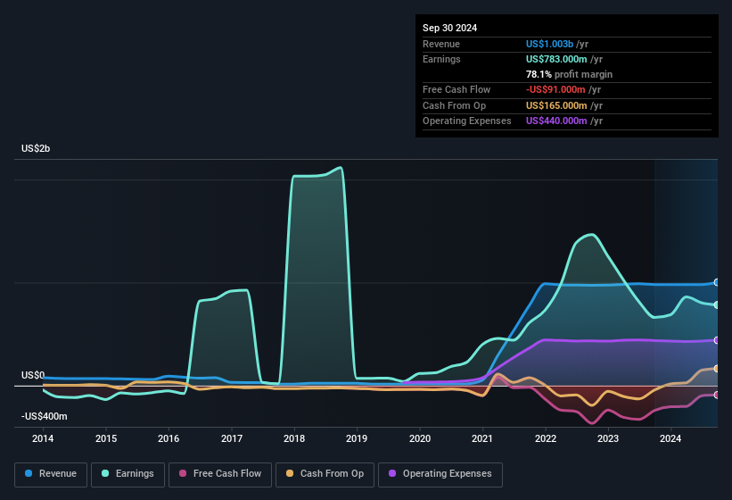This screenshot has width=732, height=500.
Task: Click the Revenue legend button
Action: [x=51, y=474]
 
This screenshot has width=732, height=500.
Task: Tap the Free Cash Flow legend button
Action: [x=221, y=474]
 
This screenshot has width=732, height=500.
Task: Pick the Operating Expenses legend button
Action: [x=440, y=474]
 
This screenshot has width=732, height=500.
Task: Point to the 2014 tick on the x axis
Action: [x=43, y=438]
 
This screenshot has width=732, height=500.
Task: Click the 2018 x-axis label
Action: [x=294, y=438]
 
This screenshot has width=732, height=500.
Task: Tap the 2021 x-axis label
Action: [x=482, y=438]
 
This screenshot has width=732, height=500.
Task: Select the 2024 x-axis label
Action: [x=670, y=438]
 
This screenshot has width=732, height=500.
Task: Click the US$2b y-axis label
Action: [x=36, y=148]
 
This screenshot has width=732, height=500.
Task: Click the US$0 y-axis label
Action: [x=33, y=375]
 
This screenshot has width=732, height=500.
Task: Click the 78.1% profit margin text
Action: [x=569, y=74]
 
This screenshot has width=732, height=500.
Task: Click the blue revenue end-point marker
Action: [x=716, y=282]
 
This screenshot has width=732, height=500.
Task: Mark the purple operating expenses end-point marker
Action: [x=716, y=340]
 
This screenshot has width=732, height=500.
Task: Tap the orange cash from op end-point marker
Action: [x=716, y=368]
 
